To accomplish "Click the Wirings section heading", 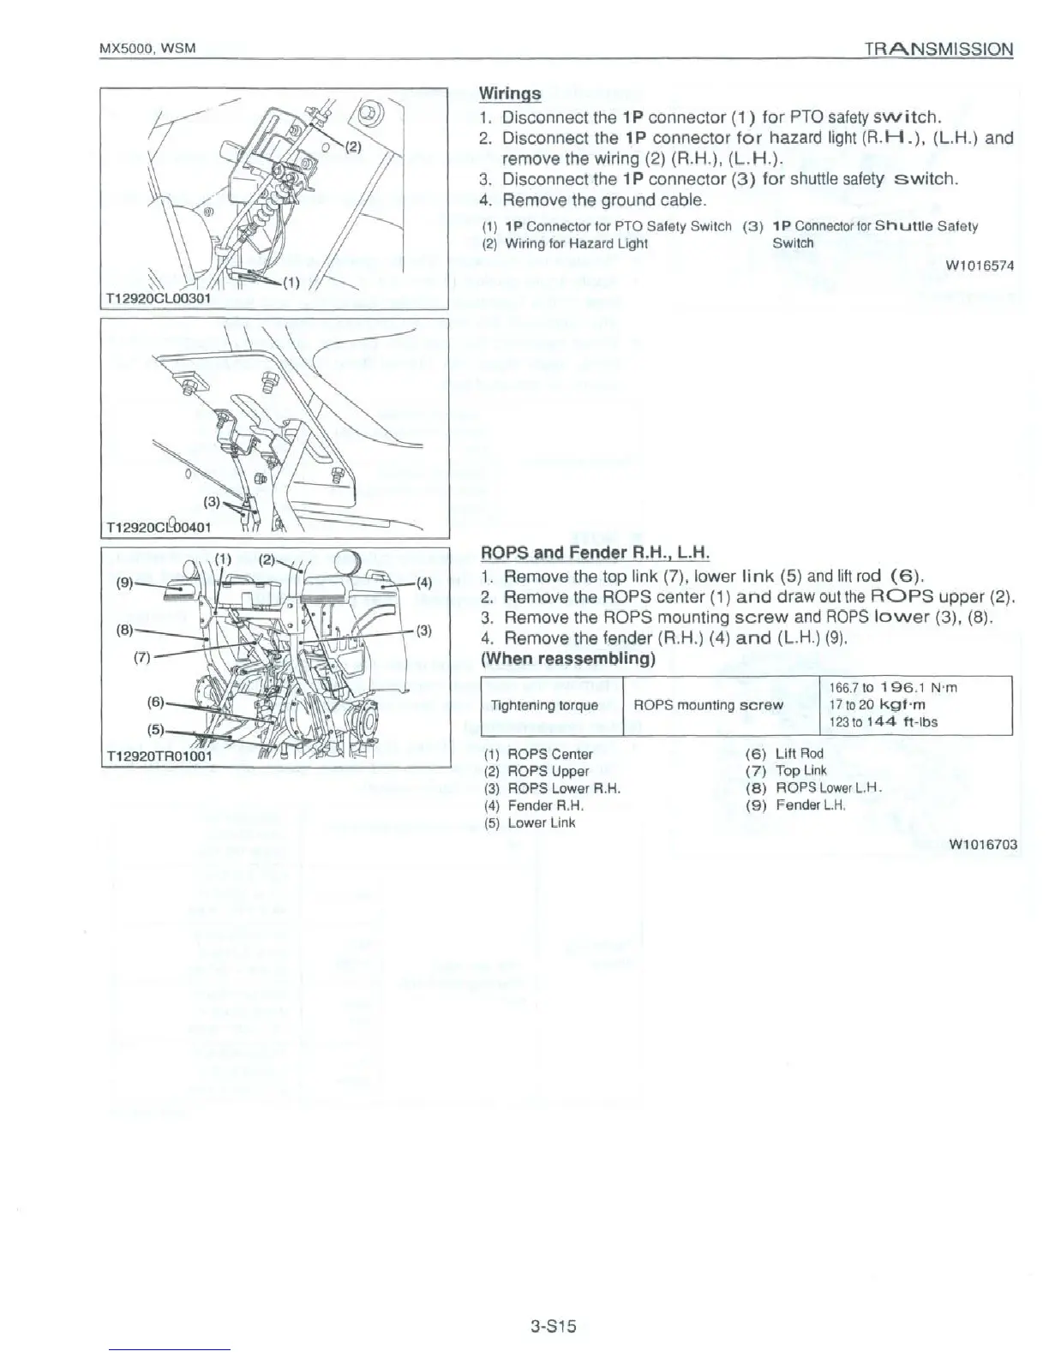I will tap(509, 93).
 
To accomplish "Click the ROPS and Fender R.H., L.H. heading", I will tap(596, 553).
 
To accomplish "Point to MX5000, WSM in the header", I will tap(148, 48).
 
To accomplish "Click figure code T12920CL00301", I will tap(157, 298).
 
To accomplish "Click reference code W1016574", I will tap(980, 266).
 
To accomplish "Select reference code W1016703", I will tap(983, 845).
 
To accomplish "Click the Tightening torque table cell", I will tap(544, 706).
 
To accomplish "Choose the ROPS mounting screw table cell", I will tap(707, 706).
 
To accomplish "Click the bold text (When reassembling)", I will tap(568, 660).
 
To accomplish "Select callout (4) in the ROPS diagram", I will tap(426, 583).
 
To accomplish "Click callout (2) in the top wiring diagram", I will tap(353, 146).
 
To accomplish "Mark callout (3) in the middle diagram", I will tap(210, 500).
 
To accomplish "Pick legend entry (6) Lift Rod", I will tap(785, 754).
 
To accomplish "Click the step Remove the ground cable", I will tap(603, 200).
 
